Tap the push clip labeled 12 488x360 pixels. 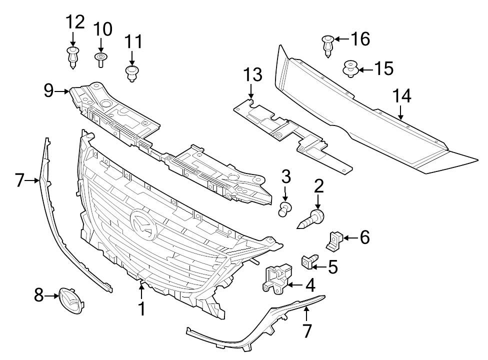(x=73, y=57)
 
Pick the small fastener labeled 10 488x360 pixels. (x=100, y=59)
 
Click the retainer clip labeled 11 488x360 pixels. (x=132, y=72)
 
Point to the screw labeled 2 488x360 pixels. (x=312, y=219)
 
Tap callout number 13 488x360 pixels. (x=252, y=75)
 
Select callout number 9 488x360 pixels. (x=48, y=90)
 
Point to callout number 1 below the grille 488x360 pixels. (x=142, y=308)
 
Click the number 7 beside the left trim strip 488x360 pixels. (x=20, y=180)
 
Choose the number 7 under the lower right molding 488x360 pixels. (x=306, y=330)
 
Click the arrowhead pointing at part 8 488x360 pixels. (x=56, y=296)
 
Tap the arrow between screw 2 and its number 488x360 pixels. (x=318, y=202)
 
